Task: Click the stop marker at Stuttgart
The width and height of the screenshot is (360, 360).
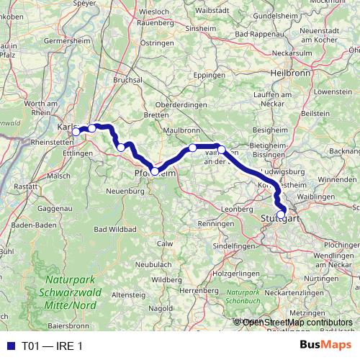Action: tap(281, 214)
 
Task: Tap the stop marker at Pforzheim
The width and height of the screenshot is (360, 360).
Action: tap(155, 171)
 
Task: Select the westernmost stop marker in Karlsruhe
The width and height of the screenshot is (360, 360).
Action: tap(76, 132)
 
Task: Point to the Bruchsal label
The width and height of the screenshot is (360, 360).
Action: tap(129, 81)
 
